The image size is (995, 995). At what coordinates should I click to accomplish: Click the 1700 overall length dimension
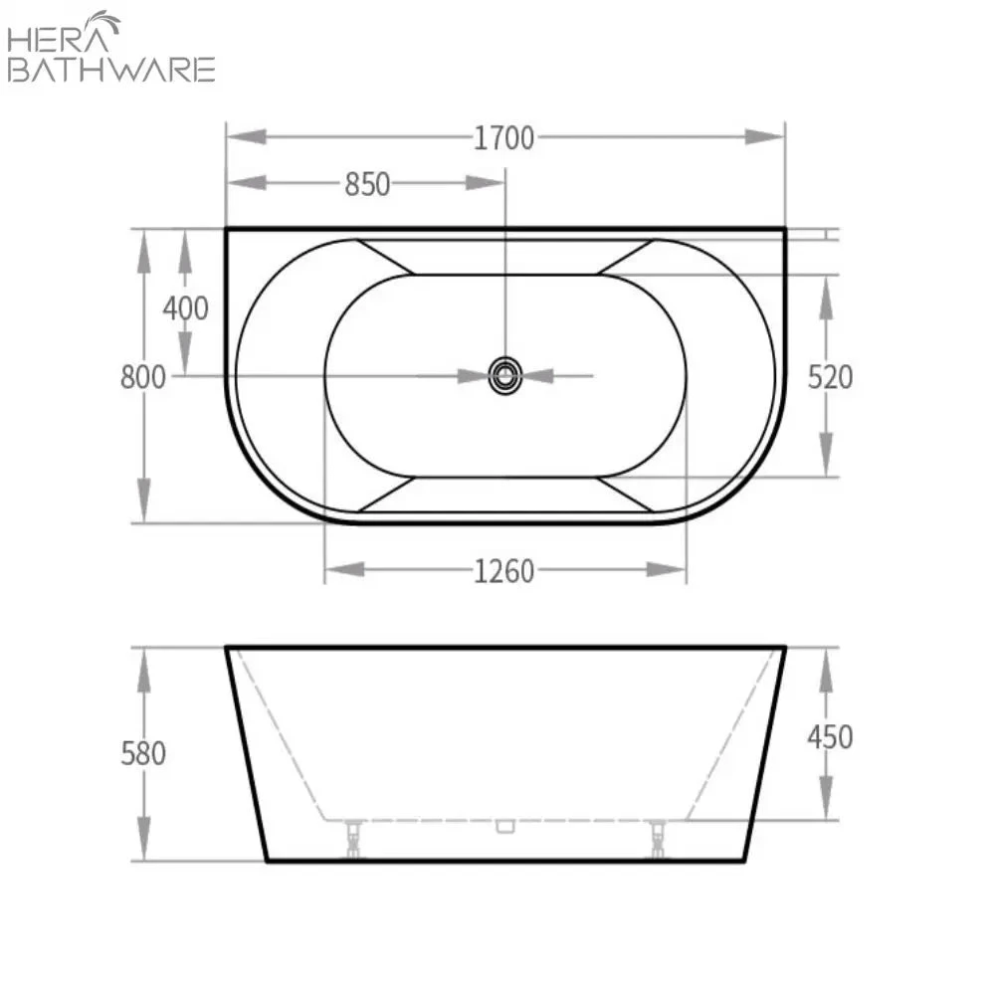(x=503, y=137)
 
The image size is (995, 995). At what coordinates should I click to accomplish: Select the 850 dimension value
(x=367, y=184)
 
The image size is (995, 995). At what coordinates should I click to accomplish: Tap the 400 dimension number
(x=186, y=308)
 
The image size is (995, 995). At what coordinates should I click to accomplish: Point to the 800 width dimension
(x=142, y=377)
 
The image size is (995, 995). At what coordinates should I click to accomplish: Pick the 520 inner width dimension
(x=830, y=377)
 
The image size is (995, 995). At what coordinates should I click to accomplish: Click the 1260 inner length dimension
(x=503, y=570)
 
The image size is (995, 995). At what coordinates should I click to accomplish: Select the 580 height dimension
(x=143, y=753)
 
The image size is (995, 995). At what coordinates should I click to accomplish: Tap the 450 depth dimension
(x=830, y=737)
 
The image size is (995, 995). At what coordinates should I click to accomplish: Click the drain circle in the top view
(x=505, y=376)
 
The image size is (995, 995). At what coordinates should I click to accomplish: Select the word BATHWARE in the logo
(x=110, y=70)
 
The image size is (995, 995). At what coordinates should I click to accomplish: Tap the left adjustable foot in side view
(x=353, y=838)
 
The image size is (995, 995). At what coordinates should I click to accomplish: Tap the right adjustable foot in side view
(x=657, y=838)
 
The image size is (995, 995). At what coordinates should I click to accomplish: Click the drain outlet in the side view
(x=504, y=825)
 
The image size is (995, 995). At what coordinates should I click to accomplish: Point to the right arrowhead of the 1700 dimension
(x=765, y=137)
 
